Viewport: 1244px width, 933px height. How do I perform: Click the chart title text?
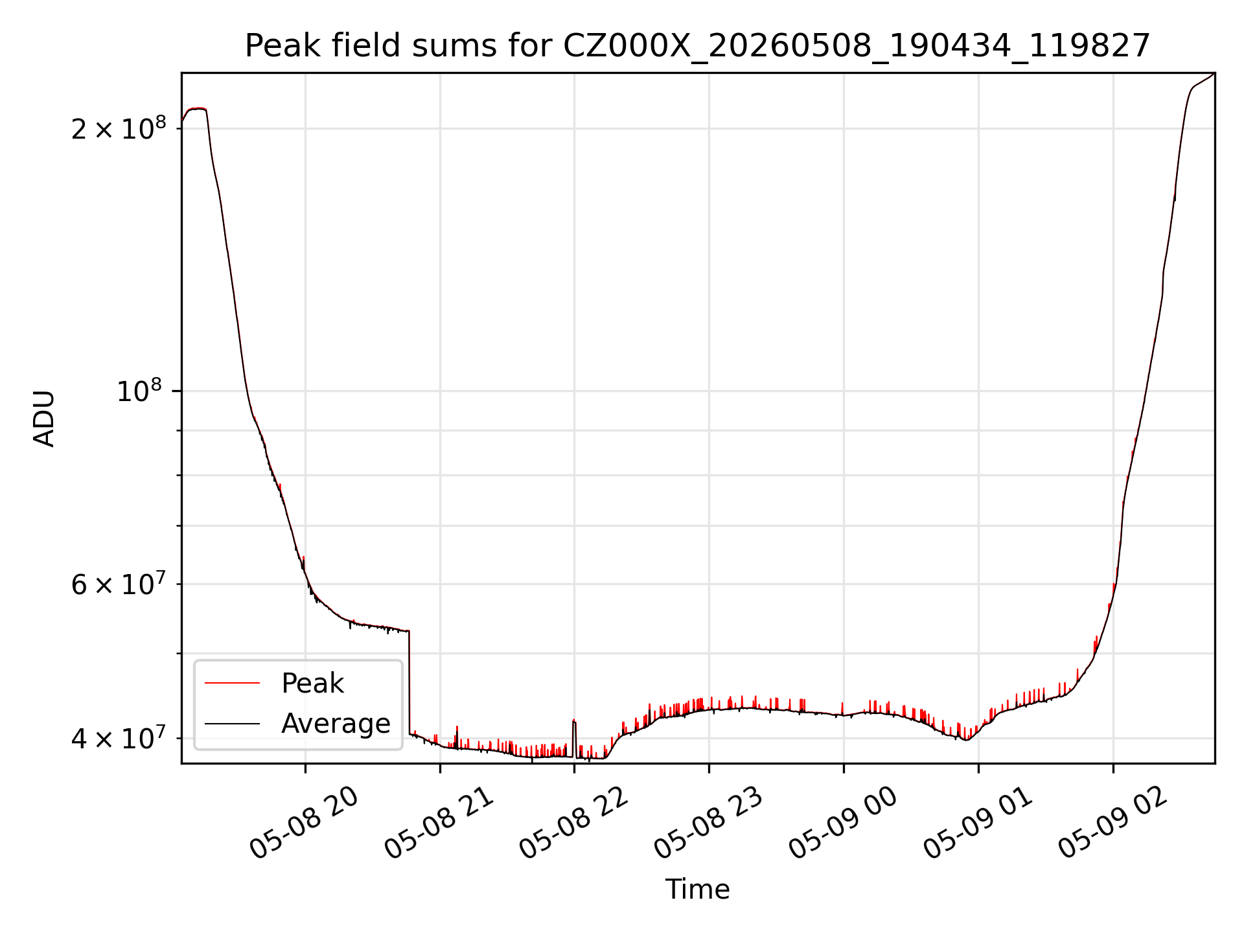(697, 46)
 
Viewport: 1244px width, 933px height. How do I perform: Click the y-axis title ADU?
(44, 418)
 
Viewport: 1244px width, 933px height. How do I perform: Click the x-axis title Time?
(697, 890)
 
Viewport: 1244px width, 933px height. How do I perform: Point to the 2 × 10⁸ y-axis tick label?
(119, 128)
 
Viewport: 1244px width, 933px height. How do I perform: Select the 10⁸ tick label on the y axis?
(141, 391)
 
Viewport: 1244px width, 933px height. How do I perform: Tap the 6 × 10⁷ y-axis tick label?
(119, 584)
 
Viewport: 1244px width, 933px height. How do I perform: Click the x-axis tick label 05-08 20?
(305, 823)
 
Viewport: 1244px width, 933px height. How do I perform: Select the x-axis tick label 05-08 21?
(439, 823)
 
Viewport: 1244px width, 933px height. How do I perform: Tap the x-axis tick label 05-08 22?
(574, 823)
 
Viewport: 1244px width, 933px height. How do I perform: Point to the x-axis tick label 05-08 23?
(709, 823)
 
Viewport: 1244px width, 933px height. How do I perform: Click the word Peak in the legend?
(312, 684)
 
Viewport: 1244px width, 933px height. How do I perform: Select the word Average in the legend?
(336, 723)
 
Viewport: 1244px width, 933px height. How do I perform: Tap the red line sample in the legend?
(232, 683)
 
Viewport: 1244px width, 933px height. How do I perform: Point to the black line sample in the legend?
(232, 723)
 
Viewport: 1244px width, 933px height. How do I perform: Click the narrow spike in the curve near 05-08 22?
(574, 739)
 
